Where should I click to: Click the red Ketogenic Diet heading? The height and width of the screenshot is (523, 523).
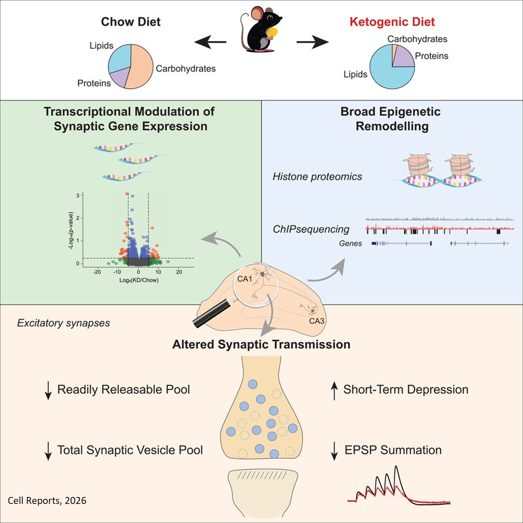[392, 22]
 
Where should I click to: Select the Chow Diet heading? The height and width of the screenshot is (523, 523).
[131, 22]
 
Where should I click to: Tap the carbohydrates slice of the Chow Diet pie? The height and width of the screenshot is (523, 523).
[140, 67]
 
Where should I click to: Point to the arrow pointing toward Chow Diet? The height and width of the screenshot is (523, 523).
[210, 42]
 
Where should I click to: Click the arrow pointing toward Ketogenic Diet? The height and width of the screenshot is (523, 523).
[312, 42]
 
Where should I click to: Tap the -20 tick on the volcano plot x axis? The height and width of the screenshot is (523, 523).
[97, 272]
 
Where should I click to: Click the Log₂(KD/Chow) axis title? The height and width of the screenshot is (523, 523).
[138, 280]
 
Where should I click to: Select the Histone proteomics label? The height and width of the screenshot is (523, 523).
[317, 177]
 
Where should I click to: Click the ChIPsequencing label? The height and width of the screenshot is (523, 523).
[311, 229]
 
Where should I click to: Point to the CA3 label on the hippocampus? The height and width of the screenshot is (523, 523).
[317, 321]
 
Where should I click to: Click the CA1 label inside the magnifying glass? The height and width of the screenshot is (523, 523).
[245, 279]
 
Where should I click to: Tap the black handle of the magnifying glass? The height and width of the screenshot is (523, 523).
[209, 316]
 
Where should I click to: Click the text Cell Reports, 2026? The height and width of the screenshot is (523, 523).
[47, 501]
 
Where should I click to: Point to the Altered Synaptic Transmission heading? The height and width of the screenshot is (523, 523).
[261, 344]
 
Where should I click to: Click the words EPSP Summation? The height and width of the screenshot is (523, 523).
[393, 450]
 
